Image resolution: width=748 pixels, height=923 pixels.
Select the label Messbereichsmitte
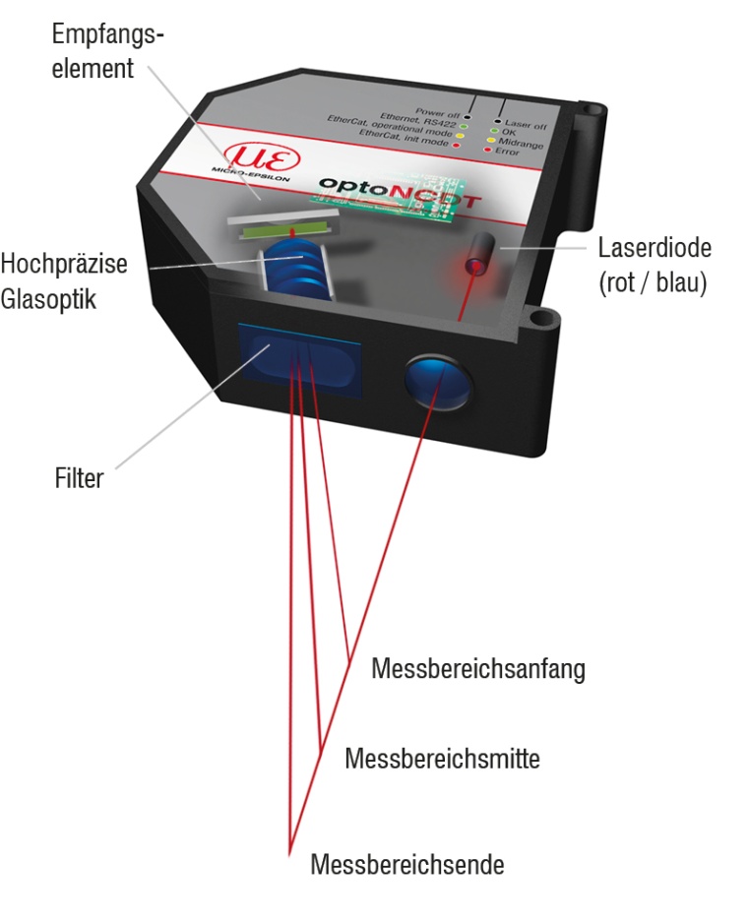click(x=443, y=760)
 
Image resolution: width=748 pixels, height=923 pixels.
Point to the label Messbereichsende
click(x=407, y=866)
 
